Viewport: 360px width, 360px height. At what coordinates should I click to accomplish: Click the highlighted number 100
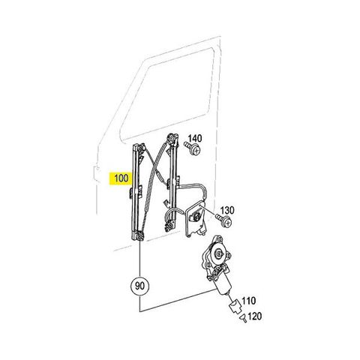click(121, 178)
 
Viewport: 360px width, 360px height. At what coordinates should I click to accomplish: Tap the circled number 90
click(139, 286)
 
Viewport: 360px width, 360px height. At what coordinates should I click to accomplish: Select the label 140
click(195, 139)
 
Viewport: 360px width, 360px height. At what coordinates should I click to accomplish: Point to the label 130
click(226, 210)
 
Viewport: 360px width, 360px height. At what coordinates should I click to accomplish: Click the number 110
click(248, 300)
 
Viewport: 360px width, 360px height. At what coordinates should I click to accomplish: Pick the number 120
click(255, 316)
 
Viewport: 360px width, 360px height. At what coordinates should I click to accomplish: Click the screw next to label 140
click(193, 148)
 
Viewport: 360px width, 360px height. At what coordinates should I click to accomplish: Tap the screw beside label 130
click(224, 220)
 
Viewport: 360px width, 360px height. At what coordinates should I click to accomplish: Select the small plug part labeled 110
click(235, 306)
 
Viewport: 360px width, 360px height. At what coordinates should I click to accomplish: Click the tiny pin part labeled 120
click(243, 319)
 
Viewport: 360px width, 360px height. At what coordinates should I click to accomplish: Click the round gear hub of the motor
click(219, 254)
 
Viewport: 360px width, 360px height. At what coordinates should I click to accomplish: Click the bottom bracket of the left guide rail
click(139, 236)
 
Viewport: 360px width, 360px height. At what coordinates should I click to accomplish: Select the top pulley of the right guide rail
click(172, 138)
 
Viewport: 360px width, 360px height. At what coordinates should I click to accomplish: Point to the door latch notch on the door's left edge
click(94, 172)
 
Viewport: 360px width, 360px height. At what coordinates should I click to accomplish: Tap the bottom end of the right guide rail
click(170, 227)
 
